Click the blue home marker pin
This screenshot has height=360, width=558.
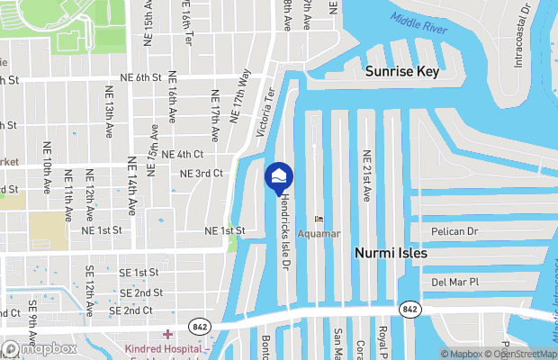[278, 175]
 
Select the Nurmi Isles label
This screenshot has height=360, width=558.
[390, 254]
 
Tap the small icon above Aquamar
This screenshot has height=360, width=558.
[317, 219]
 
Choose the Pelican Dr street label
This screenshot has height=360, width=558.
[454, 231]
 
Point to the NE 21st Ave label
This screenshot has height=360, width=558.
[366, 175]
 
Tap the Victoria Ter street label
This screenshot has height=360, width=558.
[264, 112]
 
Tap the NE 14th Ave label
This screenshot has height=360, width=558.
[131, 185]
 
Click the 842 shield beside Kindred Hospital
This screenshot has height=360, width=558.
[199, 324]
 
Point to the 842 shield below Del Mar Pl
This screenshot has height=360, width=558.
[410, 309]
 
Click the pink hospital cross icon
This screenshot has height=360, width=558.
[165, 335]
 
